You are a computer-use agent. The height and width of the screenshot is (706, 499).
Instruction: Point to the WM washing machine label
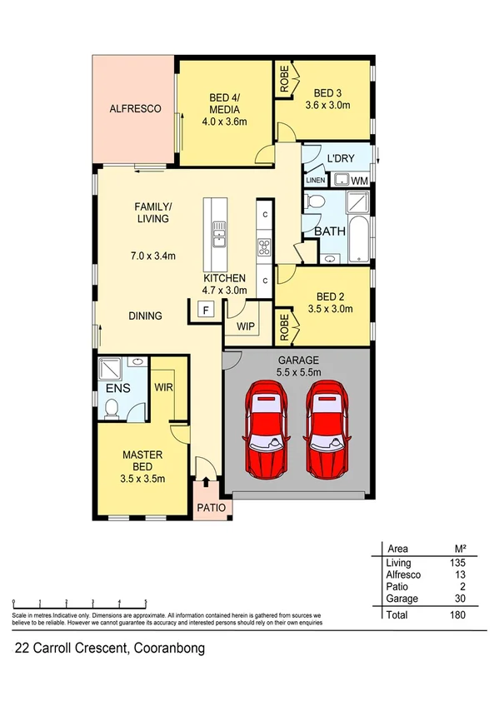[360, 180]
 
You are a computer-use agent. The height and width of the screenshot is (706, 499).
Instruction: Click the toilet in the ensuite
[112, 406]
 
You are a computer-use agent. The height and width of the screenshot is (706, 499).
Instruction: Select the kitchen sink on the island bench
[219, 233]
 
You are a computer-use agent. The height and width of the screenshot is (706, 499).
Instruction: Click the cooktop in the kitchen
[263, 246]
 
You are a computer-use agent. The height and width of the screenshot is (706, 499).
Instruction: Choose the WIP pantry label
[246, 326]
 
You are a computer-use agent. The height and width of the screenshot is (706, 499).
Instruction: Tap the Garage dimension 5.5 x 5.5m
[298, 372]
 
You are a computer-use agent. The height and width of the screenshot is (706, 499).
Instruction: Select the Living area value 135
[456, 564]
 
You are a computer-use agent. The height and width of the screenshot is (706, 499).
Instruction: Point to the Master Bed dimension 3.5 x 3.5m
[142, 478]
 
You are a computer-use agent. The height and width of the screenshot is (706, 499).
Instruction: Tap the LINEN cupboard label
[316, 179]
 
